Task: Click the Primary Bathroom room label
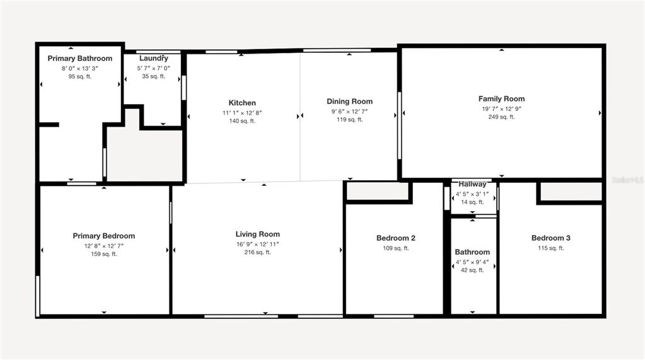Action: click(x=80, y=59)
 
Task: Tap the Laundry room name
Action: click(x=153, y=59)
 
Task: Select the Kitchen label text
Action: click(x=242, y=103)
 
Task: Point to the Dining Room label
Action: click(x=350, y=102)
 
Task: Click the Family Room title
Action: click(x=501, y=99)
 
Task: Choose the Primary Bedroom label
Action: click(x=103, y=236)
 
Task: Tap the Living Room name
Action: click(x=257, y=234)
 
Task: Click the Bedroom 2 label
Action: click(x=396, y=238)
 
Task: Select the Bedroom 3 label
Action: click(x=551, y=238)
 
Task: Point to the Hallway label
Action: click(x=472, y=184)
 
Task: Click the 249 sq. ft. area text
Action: click(x=501, y=117)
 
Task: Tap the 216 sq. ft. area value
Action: click(x=257, y=252)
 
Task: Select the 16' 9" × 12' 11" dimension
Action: click(x=257, y=244)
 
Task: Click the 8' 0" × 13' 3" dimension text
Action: click(x=80, y=68)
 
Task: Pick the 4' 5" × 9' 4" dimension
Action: click(x=472, y=262)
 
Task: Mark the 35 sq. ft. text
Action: click(x=153, y=76)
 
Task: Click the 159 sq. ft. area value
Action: click(x=103, y=254)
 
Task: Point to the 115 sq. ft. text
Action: click(x=551, y=248)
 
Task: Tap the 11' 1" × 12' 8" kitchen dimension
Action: click(x=242, y=113)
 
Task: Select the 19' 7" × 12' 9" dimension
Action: click(x=501, y=108)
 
